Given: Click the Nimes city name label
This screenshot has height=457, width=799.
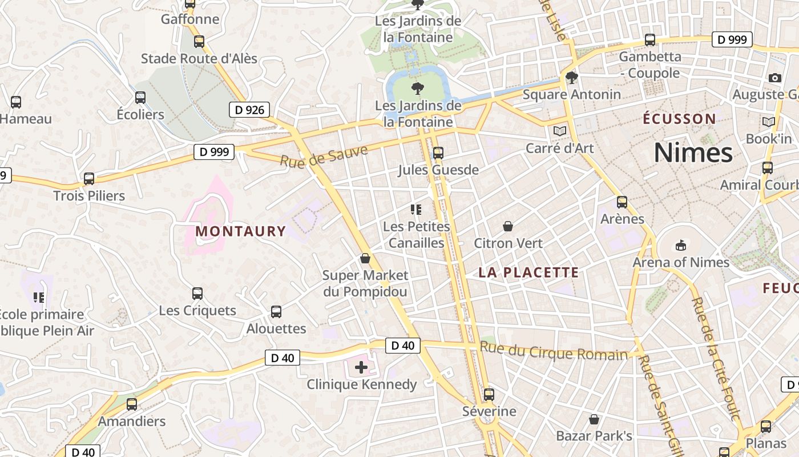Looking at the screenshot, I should [693, 153].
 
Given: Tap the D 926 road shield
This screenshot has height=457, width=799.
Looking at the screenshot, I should [249, 110].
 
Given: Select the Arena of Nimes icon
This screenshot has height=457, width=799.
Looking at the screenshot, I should [680, 246].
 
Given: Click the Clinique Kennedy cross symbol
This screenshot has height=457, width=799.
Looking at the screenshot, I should [361, 367].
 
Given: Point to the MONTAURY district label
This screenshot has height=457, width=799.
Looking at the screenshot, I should [240, 231].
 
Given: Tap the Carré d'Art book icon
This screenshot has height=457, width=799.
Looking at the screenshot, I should [560, 131].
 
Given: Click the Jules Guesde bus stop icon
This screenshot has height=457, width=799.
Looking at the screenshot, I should [438, 153].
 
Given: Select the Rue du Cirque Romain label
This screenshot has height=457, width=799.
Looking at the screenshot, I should [553, 351].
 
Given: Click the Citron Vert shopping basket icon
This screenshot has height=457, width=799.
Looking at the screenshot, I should [508, 226].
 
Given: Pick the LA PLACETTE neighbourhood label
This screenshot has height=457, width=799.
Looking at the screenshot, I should [528, 272].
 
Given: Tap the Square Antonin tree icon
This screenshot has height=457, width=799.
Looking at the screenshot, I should [571, 78].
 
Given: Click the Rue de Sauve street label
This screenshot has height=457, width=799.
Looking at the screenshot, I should [324, 154].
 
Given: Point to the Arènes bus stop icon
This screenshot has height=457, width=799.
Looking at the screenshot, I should [622, 202].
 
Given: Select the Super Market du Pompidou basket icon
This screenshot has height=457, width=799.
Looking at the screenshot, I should [365, 259].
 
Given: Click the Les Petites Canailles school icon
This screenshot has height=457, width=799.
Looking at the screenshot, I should [416, 210].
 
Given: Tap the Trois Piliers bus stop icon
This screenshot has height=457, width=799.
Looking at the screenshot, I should [89, 178].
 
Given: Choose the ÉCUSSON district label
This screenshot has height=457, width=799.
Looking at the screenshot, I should [679, 119].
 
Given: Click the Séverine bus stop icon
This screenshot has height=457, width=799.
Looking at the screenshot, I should [489, 395].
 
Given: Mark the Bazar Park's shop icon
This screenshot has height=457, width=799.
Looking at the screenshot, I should [594, 419].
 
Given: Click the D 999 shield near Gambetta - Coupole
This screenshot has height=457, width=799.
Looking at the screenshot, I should [732, 39].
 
